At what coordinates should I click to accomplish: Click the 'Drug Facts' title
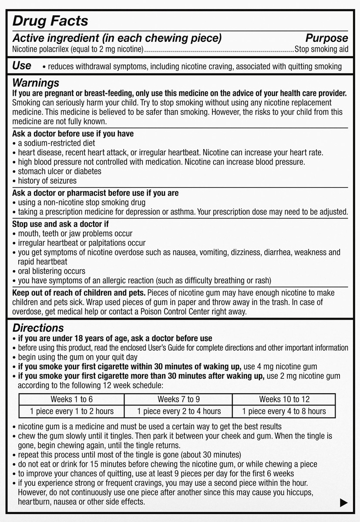point(50,21)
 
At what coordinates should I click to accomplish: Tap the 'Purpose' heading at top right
point(326,38)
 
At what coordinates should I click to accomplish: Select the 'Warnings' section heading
point(36,83)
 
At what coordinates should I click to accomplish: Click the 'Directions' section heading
point(38,328)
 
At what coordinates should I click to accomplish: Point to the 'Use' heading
point(22,66)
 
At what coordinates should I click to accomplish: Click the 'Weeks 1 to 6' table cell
point(71,399)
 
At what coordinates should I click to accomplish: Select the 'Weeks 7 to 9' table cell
point(178,399)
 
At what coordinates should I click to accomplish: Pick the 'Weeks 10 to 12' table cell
point(284,399)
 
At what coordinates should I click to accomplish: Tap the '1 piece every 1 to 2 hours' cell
point(71,411)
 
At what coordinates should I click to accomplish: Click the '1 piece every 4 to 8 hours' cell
point(284,411)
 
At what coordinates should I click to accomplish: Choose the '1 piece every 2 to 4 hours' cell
point(178,411)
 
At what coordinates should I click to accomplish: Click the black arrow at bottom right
point(343,503)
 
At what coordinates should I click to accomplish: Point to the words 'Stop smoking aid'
point(321,50)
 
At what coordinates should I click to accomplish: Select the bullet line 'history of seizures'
point(47,181)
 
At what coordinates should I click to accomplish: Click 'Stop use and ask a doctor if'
point(61,224)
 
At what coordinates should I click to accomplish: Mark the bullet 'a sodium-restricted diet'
point(56,143)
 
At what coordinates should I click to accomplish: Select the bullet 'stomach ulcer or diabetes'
point(59,171)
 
